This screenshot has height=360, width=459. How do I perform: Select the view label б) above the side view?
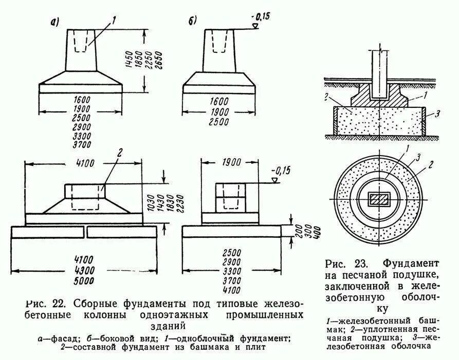point(192,22)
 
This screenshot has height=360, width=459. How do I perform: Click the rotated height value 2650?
point(159,62)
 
